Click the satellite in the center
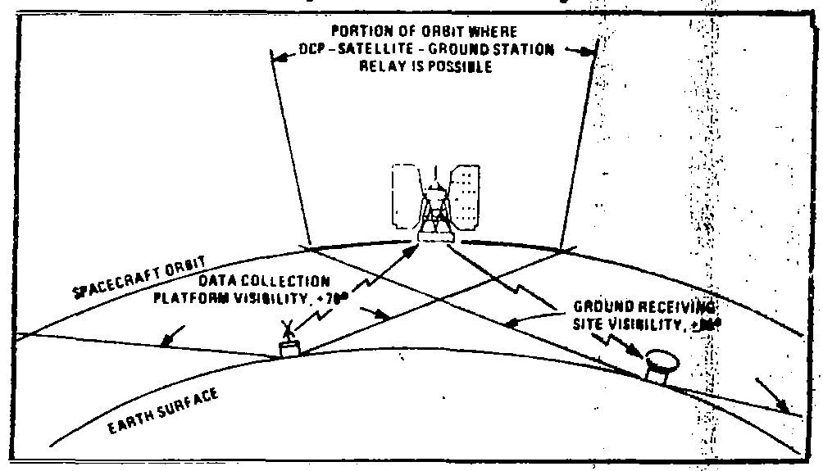coord(435,205)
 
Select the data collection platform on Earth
coord(289,349)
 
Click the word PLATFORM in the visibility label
coord(186,297)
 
